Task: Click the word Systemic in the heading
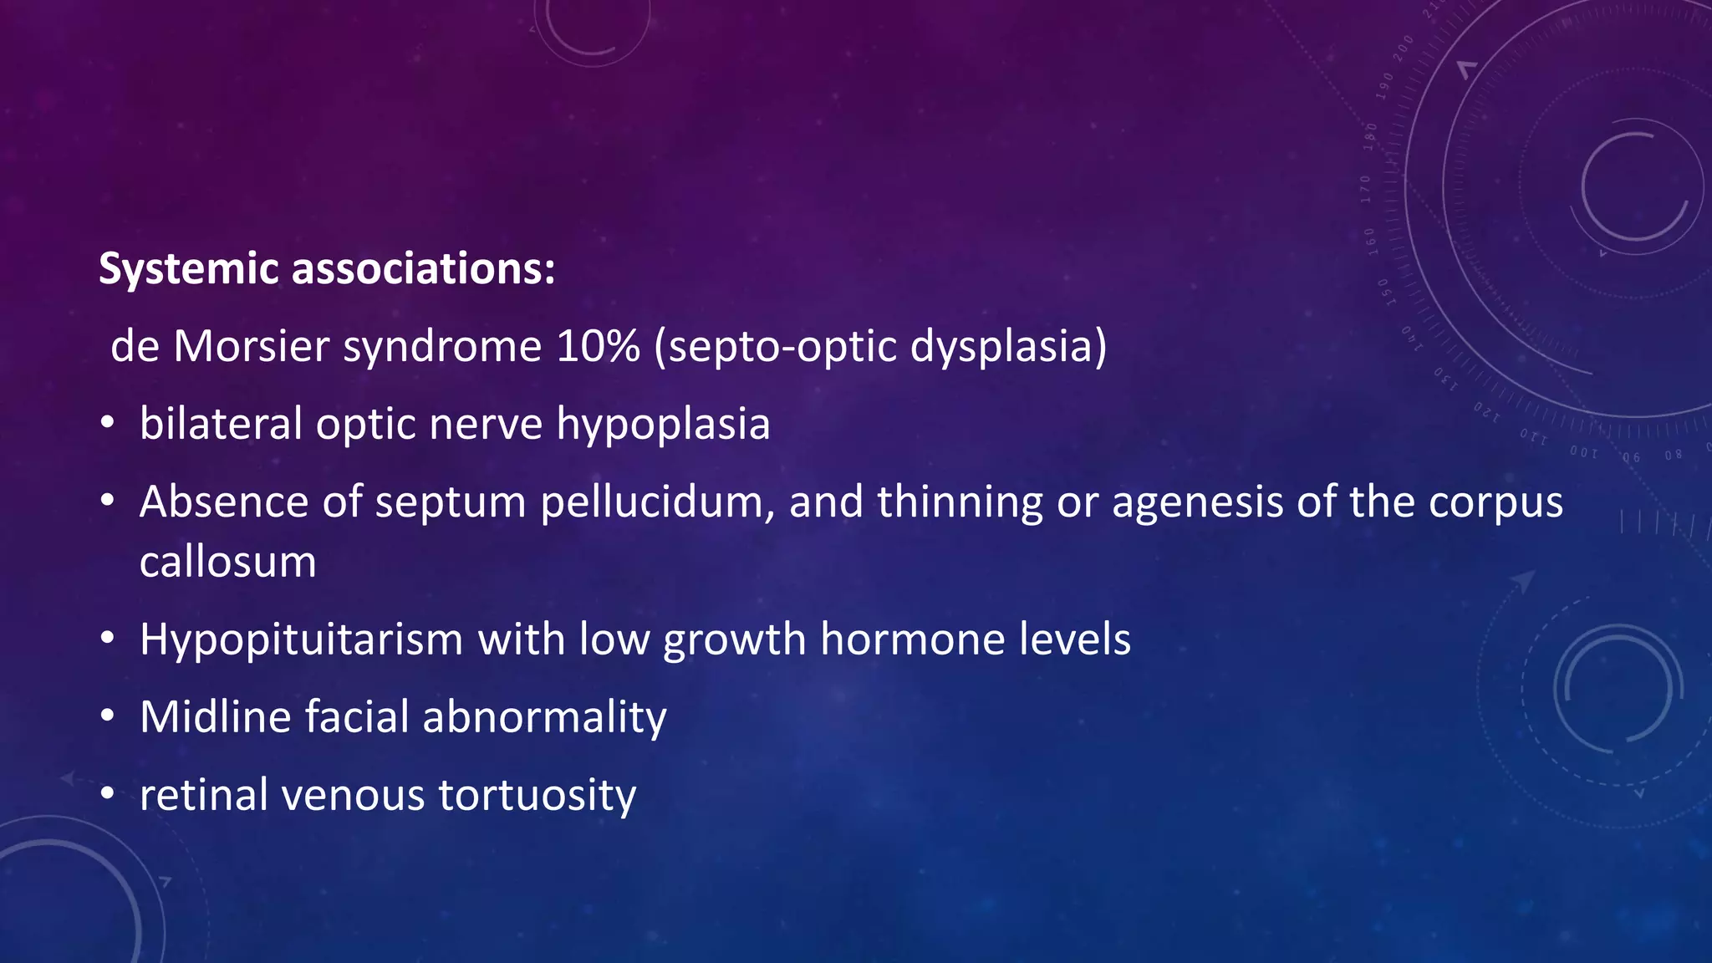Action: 188,269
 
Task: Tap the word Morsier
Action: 251,345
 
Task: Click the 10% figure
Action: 598,345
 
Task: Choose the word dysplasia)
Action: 1008,347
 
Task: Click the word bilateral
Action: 221,423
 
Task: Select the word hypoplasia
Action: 663,425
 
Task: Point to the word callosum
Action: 228,562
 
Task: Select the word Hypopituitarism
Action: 301,640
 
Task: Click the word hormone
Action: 912,639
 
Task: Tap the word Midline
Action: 216,717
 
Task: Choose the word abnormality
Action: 544,718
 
